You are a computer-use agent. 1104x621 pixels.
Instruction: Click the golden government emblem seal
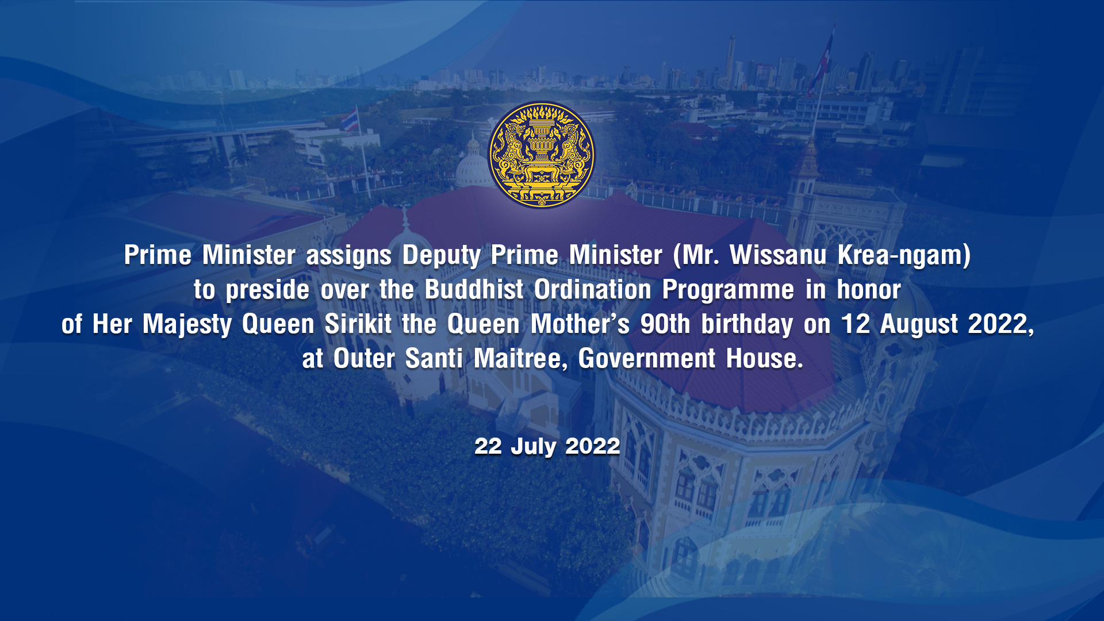click(x=542, y=155)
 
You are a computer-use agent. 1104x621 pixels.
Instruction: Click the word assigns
click(x=349, y=256)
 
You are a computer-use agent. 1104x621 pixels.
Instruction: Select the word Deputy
click(x=441, y=256)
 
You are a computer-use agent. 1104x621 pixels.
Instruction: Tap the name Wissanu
click(x=778, y=255)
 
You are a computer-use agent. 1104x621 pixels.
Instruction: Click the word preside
click(x=267, y=290)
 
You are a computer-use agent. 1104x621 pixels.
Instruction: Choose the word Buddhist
click(x=474, y=290)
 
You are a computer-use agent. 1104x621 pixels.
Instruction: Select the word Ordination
click(x=593, y=290)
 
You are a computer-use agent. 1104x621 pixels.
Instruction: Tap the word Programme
click(x=728, y=290)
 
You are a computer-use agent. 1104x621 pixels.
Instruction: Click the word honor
click(x=869, y=290)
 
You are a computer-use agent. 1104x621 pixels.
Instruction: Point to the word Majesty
click(x=187, y=325)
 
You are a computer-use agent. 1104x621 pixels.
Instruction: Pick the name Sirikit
click(x=358, y=324)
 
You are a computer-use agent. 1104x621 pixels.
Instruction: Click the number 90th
click(x=665, y=324)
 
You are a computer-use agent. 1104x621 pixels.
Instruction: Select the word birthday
click(x=747, y=325)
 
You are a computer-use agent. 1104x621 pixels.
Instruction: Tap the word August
click(x=919, y=325)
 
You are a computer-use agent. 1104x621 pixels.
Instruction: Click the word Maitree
click(x=521, y=359)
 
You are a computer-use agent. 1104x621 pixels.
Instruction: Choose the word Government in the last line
click(x=647, y=359)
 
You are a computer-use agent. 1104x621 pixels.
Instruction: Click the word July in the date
click(x=533, y=447)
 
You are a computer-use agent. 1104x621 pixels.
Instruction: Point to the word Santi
click(x=434, y=359)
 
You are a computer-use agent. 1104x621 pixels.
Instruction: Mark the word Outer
click(x=364, y=359)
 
